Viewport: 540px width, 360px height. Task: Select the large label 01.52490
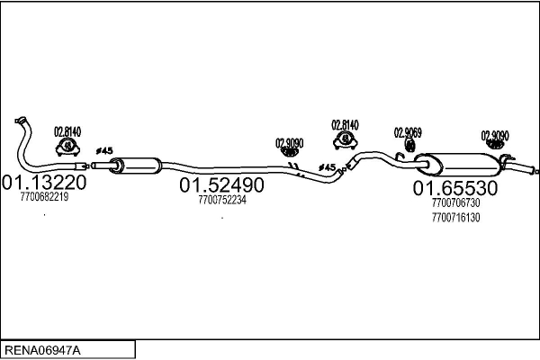click(x=221, y=185)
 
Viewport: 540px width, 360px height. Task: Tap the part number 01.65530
click(x=455, y=188)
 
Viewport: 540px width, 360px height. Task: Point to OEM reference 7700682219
click(x=43, y=197)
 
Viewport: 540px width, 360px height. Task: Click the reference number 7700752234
click(x=221, y=200)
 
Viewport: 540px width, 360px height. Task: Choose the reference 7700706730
click(x=455, y=203)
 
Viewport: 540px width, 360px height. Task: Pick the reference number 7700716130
click(x=455, y=217)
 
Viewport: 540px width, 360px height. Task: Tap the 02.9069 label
click(x=408, y=132)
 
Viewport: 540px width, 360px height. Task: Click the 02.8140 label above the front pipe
click(x=67, y=131)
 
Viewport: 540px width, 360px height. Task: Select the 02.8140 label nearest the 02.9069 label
click(x=345, y=124)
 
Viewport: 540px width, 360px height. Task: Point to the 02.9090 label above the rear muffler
click(x=495, y=136)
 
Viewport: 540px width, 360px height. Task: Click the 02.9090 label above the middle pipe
click(x=289, y=142)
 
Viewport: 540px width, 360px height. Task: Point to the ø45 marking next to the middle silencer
click(x=103, y=150)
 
